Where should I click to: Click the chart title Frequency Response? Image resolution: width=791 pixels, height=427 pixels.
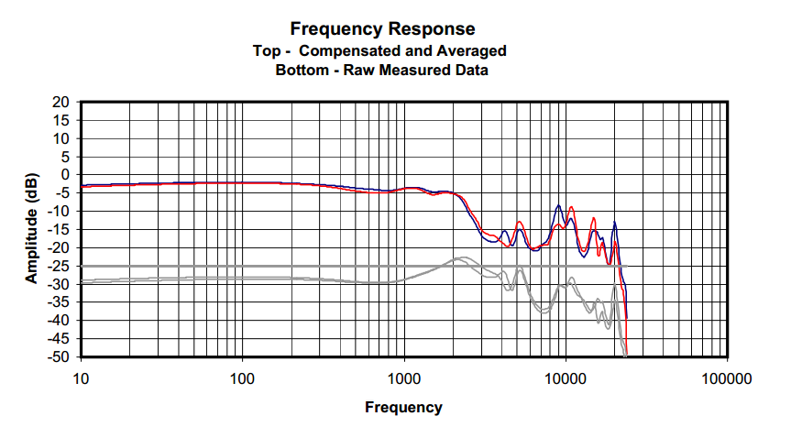coord(382,29)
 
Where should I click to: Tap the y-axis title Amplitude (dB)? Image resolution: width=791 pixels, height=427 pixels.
coord(32,227)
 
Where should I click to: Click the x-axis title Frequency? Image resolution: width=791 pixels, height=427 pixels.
coord(403,407)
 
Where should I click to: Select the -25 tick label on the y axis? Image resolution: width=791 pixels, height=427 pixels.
coord(60,266)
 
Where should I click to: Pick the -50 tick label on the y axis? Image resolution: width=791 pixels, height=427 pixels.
coord(60,356)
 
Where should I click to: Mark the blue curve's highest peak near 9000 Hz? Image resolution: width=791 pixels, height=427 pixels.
coord(557,206)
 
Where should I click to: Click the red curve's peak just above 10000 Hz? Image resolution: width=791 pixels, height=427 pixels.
coord(571,208)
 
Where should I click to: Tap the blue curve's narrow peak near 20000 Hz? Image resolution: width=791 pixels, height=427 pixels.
coord(615,223)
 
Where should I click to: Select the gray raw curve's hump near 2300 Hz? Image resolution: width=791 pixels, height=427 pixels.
coord(462,258)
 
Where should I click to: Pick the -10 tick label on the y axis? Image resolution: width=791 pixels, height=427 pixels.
coord(60,211)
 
